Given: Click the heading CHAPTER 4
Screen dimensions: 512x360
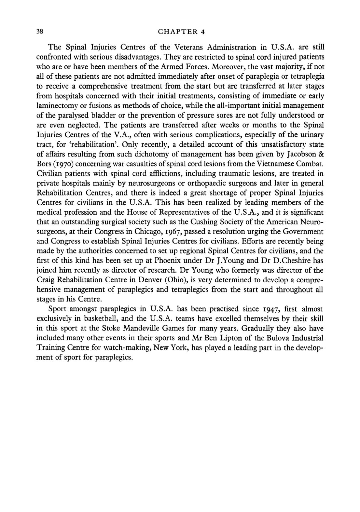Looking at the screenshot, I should pyautogui.click(x=181, y=32).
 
